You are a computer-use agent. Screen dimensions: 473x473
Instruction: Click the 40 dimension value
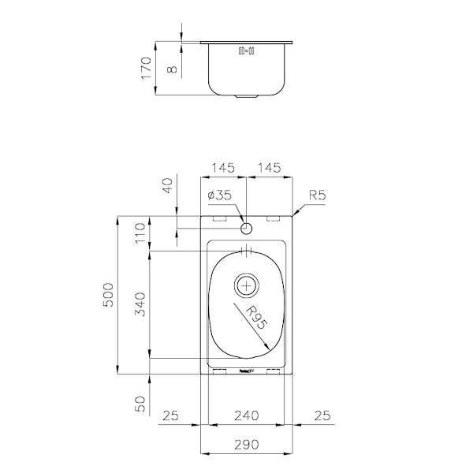tap(166, 188)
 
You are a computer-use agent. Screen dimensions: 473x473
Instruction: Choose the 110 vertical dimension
tap(141, 233)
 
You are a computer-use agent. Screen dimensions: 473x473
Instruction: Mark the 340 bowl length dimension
tap(141, 304)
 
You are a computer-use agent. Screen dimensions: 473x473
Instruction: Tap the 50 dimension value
tap(141, 405)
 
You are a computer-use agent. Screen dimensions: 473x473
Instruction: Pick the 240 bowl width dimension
tap(248, 415)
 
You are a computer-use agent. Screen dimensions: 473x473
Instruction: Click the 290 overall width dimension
tap(248, 445)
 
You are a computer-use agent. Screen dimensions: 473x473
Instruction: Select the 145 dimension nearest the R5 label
tap(270, 168)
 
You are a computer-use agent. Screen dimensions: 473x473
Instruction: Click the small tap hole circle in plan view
tap(247, 229)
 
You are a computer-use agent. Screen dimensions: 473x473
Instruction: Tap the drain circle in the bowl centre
tap(247, 284)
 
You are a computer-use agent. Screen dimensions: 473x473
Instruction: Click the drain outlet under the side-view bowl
tap(247, 96)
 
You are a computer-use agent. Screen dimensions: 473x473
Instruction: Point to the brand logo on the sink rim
tap(246, 370)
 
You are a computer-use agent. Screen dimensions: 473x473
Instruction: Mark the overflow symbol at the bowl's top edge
tap(247, 252)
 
